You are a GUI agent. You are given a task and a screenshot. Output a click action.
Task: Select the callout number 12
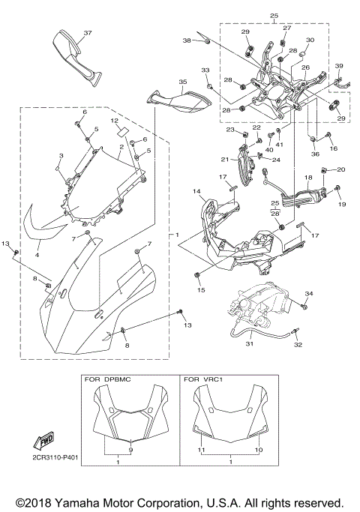coord(114,120)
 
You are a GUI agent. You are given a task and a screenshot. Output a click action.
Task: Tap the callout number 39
coord(339,66)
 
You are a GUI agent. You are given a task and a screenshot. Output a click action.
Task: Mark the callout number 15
coord(200,289)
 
